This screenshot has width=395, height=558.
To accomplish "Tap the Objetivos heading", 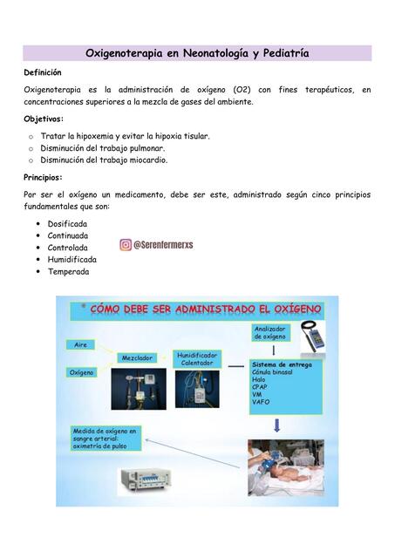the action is pyautogui.click(x=44, y=119).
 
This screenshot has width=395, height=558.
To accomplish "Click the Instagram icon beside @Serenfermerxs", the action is pyautogui.click(x=126, y=246).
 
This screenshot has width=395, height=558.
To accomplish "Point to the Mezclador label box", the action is pyautogui.click(x=137, y=357).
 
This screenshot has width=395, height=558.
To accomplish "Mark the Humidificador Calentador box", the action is pyautogui.click(x=198, y=359).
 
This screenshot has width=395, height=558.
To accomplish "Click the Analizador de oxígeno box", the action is pyautogui.click(x=269, y=332).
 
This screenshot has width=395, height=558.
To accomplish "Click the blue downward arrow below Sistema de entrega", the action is pyautogui.click(x=277, y=425).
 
